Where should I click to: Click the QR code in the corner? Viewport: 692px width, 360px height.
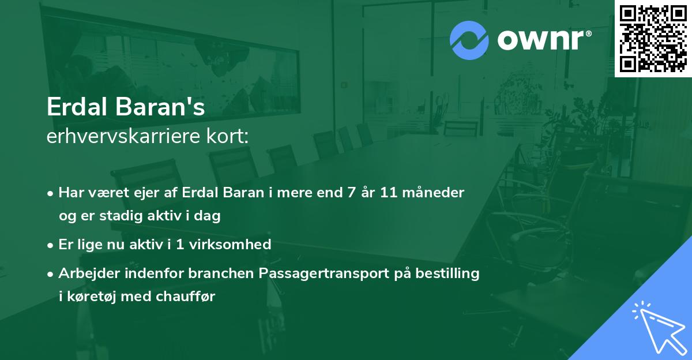(653, 39)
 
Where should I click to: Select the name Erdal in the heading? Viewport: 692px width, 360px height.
(74, 108)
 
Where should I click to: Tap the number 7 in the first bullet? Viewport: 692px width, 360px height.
(351, 192)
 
